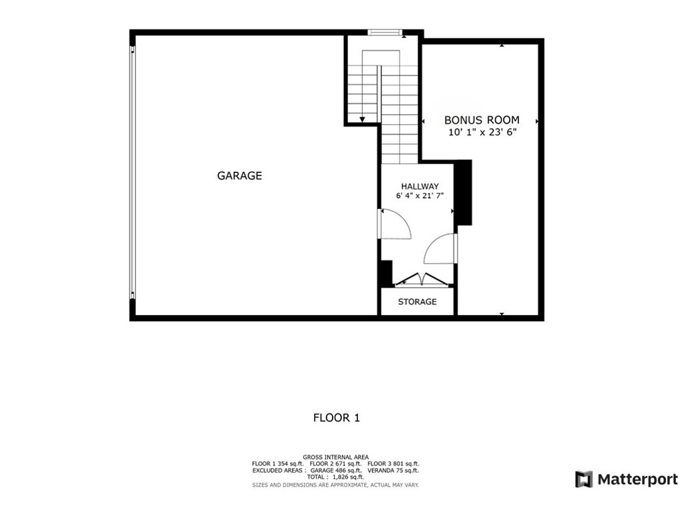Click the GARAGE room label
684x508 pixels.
(239, 176)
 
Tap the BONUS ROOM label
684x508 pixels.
(482, 120)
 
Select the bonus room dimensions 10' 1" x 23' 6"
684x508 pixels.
(482, 132)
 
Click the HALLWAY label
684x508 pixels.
(419, 186)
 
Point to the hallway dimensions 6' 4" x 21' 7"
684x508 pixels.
(419, 196)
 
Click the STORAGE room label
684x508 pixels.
(417, 302)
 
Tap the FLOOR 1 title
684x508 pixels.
(337, 418)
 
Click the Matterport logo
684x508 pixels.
(626, 479)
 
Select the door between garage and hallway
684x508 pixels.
(394, 224)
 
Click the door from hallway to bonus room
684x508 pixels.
(442, 248)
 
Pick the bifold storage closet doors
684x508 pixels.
(418, 280)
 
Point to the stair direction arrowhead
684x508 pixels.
(362, 120)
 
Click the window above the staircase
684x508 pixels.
(386, 31)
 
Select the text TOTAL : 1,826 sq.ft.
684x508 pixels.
(335, 477)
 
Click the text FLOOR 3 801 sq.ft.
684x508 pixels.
(393, 464)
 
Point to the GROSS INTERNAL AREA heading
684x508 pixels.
(335, 457)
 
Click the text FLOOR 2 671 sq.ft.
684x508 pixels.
(335, 464)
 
